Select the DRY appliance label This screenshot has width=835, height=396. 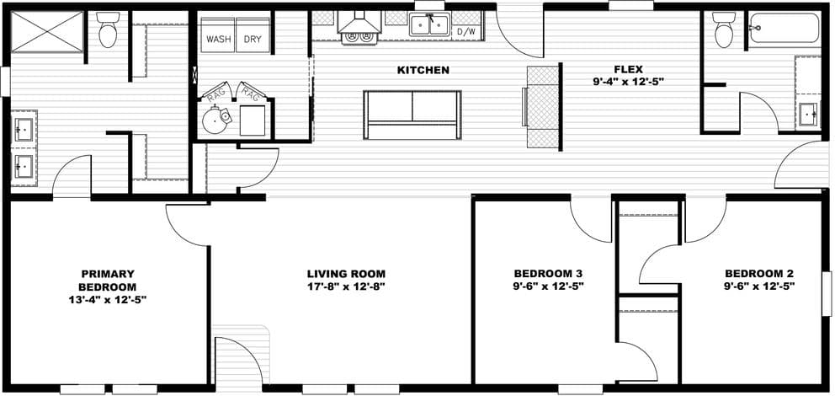(x=253, y=39)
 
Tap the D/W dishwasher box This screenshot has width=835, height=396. (x=466, y=31)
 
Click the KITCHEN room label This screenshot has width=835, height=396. (x=423, y=70)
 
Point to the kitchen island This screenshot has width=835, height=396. (x=412, y=114)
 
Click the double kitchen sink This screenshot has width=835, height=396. (x=429, y=24)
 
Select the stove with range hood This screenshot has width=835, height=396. (x=360, y=26)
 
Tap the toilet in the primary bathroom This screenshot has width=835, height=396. (x=108, y=31)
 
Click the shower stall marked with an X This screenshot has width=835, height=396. (x=46, y=32)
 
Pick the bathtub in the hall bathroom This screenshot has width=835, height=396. (x=784, y=29)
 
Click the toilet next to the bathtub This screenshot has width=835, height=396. (x=724, y=31)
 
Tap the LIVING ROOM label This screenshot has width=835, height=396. (x=346, y=274)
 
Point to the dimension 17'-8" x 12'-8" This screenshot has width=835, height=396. (x=346, y=286)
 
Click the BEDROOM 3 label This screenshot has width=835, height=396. (x=548, y=274)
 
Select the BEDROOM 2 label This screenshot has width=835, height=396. (x=759, y=274)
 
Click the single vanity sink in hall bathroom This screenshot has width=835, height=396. (x=807, y=112)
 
